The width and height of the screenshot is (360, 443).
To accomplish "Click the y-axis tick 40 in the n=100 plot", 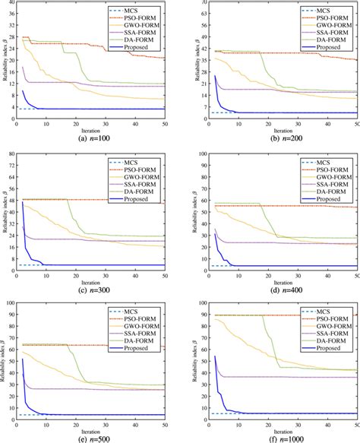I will [x=11, y=5].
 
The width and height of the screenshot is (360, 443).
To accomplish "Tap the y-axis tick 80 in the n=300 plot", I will [x=11, y=154].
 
